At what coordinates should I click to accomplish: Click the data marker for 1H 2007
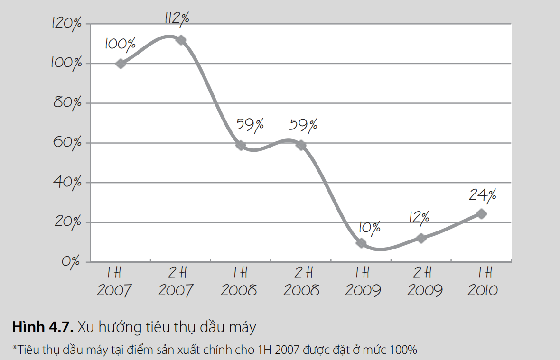[x=121, y=64]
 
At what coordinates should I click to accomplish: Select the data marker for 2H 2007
[x=181, y=40]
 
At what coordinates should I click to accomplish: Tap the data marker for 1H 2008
[x=241, y=145]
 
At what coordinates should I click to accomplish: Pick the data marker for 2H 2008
[x=301, y=145]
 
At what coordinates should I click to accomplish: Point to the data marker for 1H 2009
[x=361, y=243]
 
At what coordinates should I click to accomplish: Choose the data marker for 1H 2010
[x=481, y=214]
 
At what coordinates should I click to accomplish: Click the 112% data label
[x=177, y=18]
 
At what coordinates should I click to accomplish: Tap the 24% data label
[x=483, y=194]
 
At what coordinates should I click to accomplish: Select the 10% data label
[x=369, y=228]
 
